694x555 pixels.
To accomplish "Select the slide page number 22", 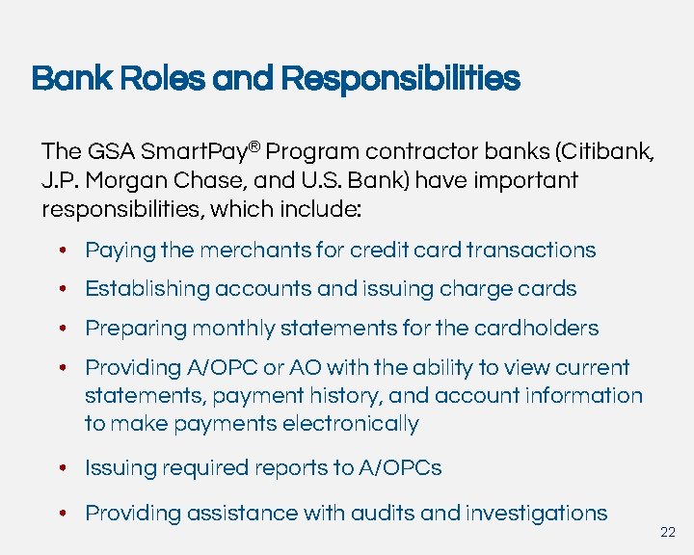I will (x=668, y=533).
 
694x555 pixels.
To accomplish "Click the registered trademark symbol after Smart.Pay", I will (x=254, y=146).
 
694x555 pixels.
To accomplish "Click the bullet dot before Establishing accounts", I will (x=61, y=289).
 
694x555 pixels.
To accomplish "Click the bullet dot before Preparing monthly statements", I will (x=61, y=329).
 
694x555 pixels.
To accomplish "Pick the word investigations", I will (x=536, y=513).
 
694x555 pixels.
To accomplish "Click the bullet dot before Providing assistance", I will (x=61, y=514).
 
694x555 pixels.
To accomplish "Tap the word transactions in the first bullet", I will (x=531, y=251).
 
